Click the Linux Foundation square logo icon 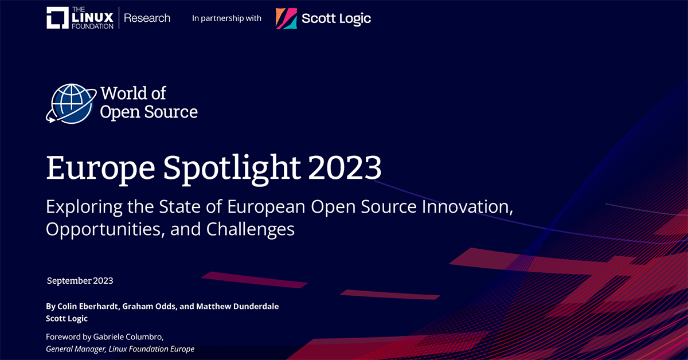(x=57, y=18)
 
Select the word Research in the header (x=147, y=18)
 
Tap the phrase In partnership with (x=226, y=18)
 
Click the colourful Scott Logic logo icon (x=286, y=18)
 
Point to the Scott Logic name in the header (x=337, y=18)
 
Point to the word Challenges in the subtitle (x=251, y=229)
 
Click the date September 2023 (x=80, y=281)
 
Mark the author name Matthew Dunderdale (x=237, y=307)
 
